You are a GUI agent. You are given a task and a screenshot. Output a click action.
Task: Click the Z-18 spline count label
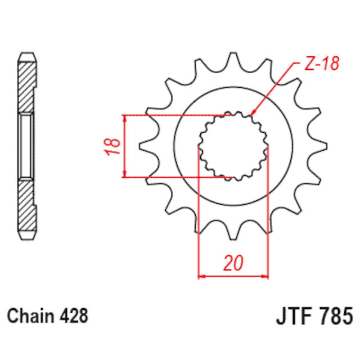[322, 64]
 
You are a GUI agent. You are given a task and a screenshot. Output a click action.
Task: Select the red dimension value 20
[233, 263]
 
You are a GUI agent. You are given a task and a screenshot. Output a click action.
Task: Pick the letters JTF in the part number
[294, 316]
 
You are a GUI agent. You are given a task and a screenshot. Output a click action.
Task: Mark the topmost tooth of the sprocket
[232, 60]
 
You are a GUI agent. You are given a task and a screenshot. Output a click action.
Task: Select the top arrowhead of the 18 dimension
[124, 119]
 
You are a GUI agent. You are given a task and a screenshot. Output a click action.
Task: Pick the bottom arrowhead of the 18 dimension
[124, 175]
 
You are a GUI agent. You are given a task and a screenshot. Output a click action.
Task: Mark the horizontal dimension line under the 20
[233, 276]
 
